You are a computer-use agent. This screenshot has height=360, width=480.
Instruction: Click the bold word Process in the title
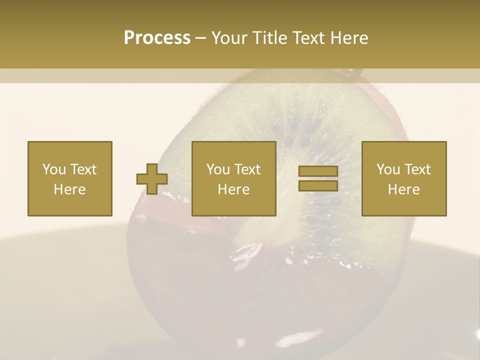(x=157, y=38)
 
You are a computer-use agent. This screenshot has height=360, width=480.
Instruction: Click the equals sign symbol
(x=318, y=178)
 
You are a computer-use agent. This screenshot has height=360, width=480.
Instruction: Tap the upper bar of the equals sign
(x=318, y=171)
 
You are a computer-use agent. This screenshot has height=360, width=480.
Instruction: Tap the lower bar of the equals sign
(x=318, y=185)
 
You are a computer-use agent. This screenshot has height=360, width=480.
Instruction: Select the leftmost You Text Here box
(x=70, y=178)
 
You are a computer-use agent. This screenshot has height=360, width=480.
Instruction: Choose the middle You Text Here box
(x=234, y=178)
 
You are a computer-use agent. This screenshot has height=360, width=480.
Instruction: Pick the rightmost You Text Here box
(x=404, y=178)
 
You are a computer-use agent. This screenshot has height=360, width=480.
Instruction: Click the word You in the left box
(x=54, y=169)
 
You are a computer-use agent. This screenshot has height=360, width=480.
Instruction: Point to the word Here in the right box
(x=404, y=189)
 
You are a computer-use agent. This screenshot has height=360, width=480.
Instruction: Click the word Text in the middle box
(x=247, y=169)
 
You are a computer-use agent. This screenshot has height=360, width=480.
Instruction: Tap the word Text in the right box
(x=417, y=169)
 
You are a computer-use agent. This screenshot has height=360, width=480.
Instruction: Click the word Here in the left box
(x=70, y=189)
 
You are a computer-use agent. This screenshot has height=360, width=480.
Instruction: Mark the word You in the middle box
(x=218, y=169)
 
